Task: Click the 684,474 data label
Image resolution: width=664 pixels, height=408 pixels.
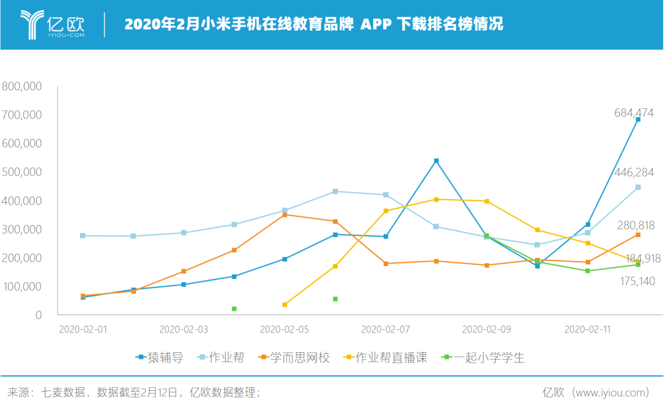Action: click(633, 113)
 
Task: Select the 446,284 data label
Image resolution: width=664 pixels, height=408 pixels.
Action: click(633, 173)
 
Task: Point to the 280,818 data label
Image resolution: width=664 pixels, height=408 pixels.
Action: click(634, 226)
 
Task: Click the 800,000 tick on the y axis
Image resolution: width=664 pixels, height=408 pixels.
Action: click(22, 87)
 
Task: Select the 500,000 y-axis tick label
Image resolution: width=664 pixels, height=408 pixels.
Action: click(22, 172)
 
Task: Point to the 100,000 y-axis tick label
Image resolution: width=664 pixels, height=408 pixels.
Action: click(22, 286)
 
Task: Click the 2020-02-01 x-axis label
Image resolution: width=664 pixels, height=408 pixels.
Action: click(82, 329)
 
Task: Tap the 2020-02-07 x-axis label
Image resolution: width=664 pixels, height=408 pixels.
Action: click(385, 329)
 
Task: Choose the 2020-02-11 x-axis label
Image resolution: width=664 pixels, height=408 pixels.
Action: click(587, 329)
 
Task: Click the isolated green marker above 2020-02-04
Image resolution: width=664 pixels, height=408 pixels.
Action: click(234, 308)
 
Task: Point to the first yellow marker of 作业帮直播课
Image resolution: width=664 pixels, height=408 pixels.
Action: click(285, 305)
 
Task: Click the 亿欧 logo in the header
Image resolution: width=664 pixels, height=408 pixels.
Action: click(52, 24)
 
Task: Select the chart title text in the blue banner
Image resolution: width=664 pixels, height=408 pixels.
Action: click(314, 24)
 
